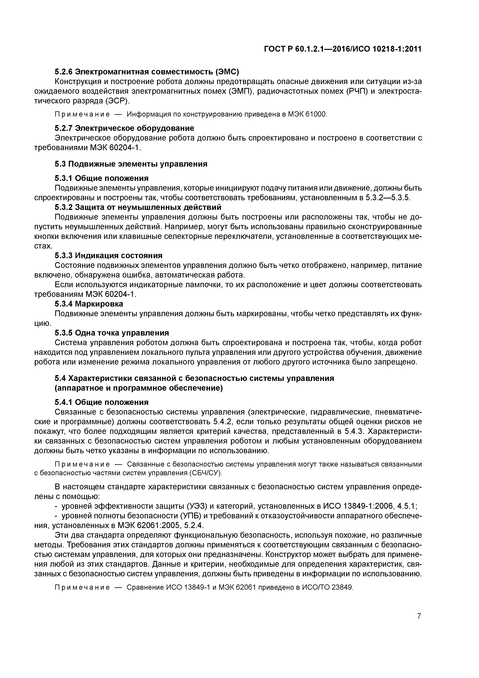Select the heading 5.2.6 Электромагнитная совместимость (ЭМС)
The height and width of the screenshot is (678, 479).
pos(147,72)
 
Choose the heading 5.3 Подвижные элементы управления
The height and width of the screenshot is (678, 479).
pos(131,164)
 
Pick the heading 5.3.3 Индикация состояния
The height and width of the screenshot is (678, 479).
pos(108,256)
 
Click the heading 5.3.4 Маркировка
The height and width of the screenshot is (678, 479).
pos(89,304)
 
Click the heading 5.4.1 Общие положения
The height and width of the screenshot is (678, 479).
pos(102,402)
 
